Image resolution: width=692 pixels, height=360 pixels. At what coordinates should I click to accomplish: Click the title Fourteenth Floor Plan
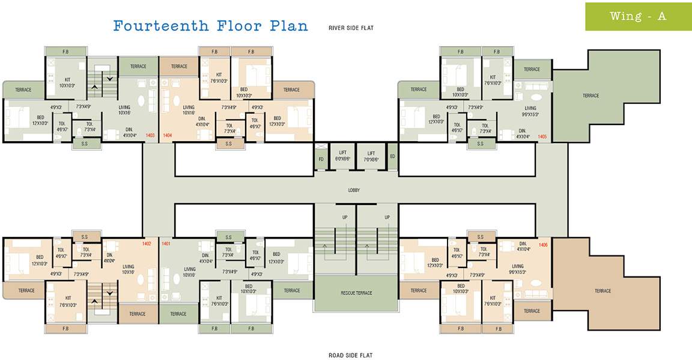210,26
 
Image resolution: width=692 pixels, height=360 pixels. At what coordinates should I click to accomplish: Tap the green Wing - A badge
638,16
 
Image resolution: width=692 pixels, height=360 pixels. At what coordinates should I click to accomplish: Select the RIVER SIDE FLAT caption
351,28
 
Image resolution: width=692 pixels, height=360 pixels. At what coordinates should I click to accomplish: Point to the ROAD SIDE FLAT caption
350,355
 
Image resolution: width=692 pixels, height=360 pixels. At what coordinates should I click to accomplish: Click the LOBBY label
354,190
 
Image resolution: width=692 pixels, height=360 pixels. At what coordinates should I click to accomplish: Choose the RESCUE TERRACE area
355,293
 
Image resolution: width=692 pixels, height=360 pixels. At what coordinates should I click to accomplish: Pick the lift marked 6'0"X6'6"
342,156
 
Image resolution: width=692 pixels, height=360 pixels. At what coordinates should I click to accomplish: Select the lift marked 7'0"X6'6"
371,156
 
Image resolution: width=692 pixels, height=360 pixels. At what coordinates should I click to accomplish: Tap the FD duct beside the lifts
321,159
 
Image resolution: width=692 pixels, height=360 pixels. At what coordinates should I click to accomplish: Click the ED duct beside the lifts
392,156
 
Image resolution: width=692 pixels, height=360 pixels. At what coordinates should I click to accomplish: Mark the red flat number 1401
166,243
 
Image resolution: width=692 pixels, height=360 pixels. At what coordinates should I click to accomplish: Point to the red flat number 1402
147,243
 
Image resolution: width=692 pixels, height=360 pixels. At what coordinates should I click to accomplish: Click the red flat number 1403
150,136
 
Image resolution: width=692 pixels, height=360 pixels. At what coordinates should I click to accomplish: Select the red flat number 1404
167,136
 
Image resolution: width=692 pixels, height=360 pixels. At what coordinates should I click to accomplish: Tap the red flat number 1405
542,136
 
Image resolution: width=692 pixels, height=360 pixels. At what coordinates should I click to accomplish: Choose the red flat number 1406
543,245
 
